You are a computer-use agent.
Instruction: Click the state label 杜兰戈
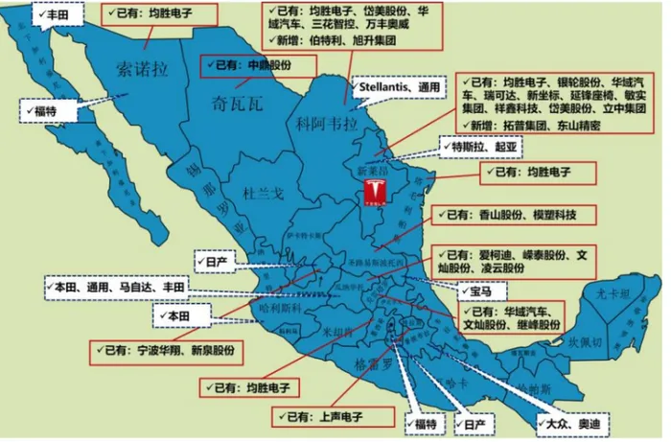pos(264,194)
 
